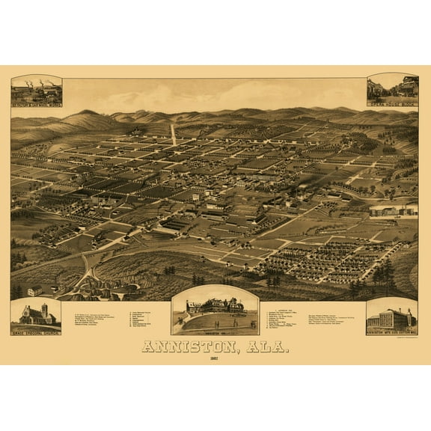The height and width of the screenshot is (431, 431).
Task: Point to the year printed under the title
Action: coord(215,358)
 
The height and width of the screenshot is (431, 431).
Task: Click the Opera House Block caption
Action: coord(392,103)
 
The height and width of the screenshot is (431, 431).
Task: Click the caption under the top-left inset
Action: coord(36,103)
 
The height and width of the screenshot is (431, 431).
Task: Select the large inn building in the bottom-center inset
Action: coord(215,307)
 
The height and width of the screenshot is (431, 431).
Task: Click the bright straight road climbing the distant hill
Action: coord(174,135)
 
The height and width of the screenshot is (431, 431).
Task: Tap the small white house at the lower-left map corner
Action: coord(34,290)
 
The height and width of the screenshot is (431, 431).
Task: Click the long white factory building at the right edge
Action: coord(393,211)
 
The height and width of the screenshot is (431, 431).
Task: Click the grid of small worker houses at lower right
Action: coord(329,258)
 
